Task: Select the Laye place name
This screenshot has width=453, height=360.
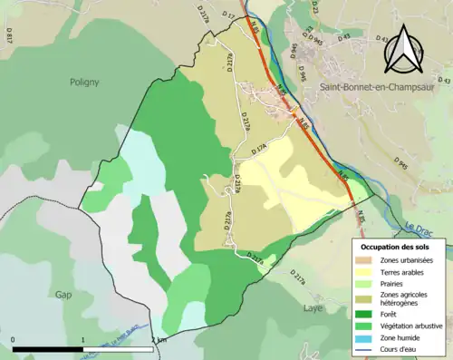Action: click(x=312, y=308)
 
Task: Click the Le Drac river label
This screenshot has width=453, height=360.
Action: click(x=421, y=229)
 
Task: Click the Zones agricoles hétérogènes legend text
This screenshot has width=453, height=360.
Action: click(x=412, y=298)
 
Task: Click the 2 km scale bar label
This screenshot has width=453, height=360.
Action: click(x=158, y=340)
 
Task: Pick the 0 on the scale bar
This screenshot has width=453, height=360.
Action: click(x=14, y=340)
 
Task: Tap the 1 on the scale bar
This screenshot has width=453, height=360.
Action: click(x=83, y=340)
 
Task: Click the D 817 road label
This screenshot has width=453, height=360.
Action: click(x=10, y=36)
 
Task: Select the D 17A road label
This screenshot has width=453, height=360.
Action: click(x=262, y=149)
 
